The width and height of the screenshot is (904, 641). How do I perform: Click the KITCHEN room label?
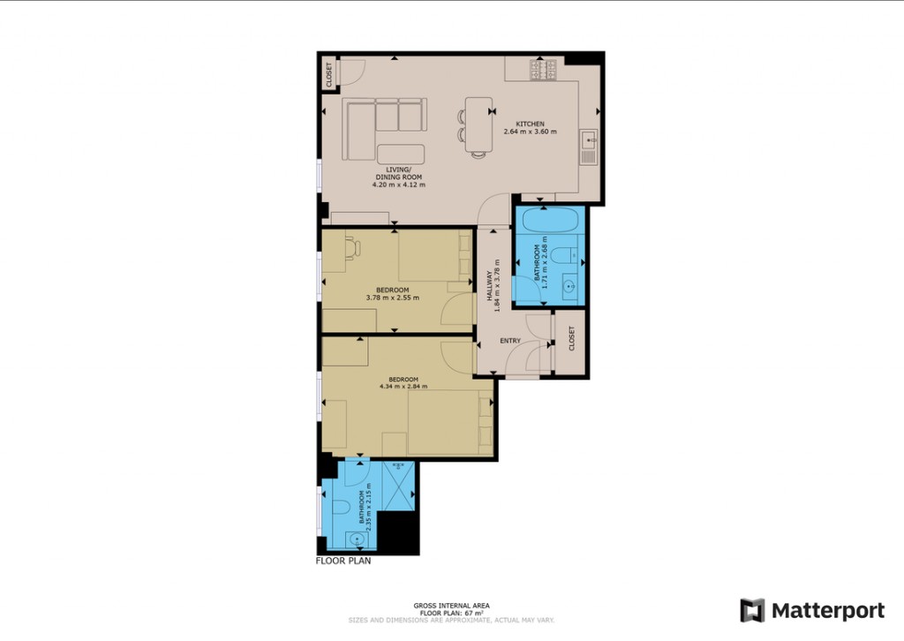[x=530, y=124]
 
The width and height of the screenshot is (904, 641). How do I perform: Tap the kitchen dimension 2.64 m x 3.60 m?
[x=530, y=132]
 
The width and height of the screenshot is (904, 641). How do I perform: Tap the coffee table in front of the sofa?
[x=400, y=154]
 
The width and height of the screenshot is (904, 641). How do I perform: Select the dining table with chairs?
[x=478, y=124]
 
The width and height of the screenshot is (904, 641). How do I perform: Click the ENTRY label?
[x=510, y=341]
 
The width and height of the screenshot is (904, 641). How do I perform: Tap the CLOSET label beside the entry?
[x=571, y=338]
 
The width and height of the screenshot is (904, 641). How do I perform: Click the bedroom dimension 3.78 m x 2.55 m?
[x=392, y=298]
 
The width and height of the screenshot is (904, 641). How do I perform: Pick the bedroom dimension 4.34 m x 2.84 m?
[x=403, y=386]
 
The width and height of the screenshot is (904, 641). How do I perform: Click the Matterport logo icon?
[x=752, y=610]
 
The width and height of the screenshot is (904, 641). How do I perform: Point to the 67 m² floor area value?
[x=474, y=613]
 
